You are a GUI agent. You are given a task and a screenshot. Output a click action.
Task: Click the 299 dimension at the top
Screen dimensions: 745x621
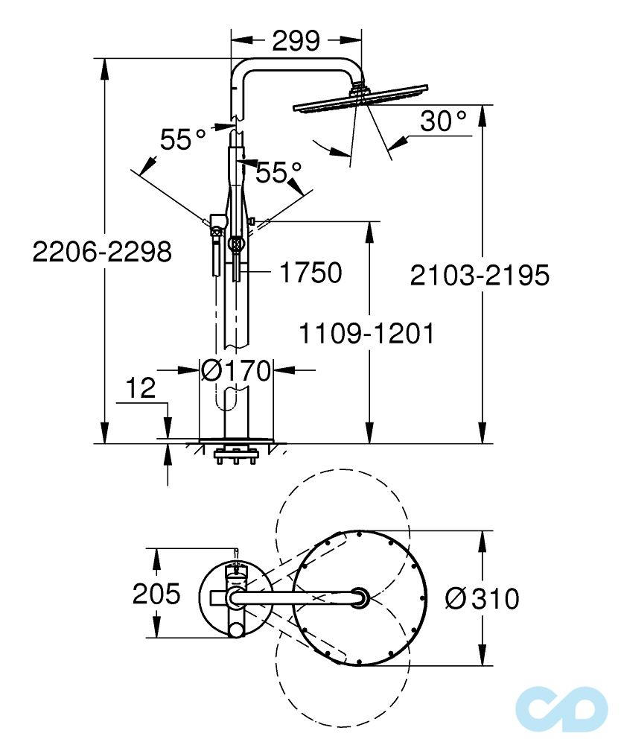[296, 40]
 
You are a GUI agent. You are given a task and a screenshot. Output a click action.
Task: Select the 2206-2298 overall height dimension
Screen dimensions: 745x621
[103, 253]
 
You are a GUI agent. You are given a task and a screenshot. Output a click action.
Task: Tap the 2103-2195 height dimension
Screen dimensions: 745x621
[480, 275]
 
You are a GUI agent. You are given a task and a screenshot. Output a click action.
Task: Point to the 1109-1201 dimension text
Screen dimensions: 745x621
[366, 333]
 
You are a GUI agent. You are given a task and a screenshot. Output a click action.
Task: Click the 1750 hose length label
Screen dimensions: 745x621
[310, 273]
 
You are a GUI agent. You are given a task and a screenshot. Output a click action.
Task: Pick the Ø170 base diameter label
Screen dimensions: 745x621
[236, 370]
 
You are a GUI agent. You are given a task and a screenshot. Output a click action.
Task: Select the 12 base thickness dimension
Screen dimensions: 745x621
[140, 388]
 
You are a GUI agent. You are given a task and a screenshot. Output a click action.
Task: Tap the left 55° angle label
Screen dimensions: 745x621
[183, 139]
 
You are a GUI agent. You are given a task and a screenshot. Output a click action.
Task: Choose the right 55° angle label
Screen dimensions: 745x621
[278, 173]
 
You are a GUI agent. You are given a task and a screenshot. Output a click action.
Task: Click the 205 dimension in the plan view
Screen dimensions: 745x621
[156, 595]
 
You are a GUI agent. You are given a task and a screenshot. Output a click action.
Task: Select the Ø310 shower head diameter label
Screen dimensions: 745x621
[482, 597]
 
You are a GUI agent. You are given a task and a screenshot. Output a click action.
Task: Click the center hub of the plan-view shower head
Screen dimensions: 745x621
[360, 596]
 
